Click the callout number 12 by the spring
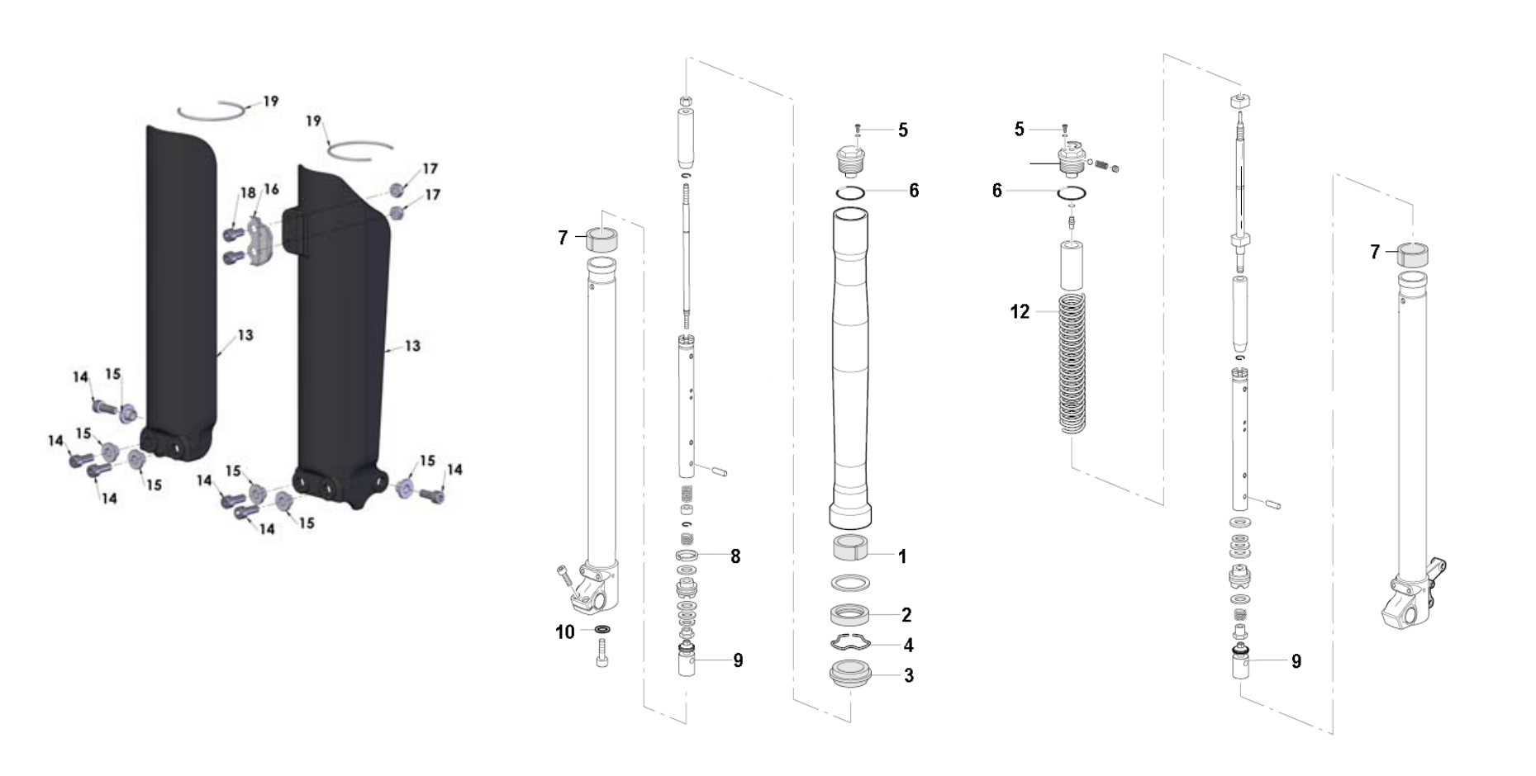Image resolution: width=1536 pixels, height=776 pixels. [x=1020, y=312]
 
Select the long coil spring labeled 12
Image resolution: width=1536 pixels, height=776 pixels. [x=1072, y=363]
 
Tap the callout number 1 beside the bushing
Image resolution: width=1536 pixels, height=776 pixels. [x=902, y=557]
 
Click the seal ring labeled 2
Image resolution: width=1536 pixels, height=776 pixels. [x=849, y=615]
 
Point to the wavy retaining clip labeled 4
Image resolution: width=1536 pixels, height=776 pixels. [x=849, y=644]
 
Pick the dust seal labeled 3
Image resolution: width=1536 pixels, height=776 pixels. [x=849, y=674]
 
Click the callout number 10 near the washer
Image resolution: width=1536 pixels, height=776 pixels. [x=564, y=632]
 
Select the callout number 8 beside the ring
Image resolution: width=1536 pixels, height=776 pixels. [x=735, y=557]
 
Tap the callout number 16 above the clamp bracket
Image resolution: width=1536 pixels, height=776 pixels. [x=271, y=190]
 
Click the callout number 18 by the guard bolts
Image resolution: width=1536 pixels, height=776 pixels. [x=248, y=193]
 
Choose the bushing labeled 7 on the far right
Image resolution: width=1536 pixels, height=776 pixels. [x=1413, y=255]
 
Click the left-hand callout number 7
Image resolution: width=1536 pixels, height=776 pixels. [x=563, y=239]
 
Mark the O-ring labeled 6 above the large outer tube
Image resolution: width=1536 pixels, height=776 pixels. [x=849, y=192]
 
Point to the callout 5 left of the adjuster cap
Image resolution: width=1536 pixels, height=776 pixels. [x=1019, y=130]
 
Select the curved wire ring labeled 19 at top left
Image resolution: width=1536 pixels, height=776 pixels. [x=211, y=111]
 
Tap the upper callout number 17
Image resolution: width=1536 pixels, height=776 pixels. [x=430, y=169]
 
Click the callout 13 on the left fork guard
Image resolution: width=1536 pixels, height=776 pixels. [x=245, y=335]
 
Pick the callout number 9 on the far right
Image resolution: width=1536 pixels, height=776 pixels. [x=1296, y=661]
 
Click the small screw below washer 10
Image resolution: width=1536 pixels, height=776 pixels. [x=602, y=658]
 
